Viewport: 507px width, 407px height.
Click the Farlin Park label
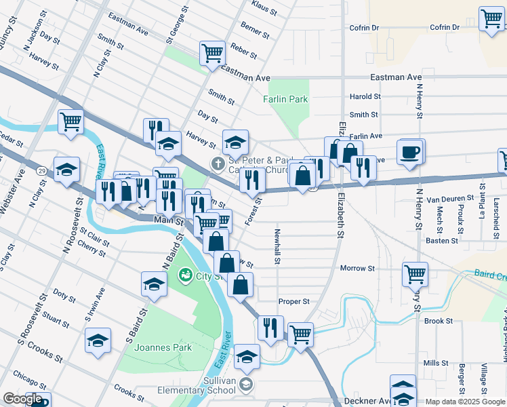pos(285,99)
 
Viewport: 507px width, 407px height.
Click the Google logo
pos(22,399)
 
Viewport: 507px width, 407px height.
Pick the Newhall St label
pos(277,246)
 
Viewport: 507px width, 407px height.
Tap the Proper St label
pos(293,301)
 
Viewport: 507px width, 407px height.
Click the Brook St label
pos(439,321)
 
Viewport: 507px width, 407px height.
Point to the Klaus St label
pos(264,9)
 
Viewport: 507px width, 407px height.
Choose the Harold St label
pos(364,97)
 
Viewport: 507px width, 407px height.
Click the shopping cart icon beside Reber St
pos(212,54)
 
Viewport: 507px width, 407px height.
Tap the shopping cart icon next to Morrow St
pos(415,275)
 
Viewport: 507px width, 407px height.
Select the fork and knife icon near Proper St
pos(270,328)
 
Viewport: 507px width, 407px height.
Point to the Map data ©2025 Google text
pos(465,402)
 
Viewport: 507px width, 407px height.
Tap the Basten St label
pos(438,240)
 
